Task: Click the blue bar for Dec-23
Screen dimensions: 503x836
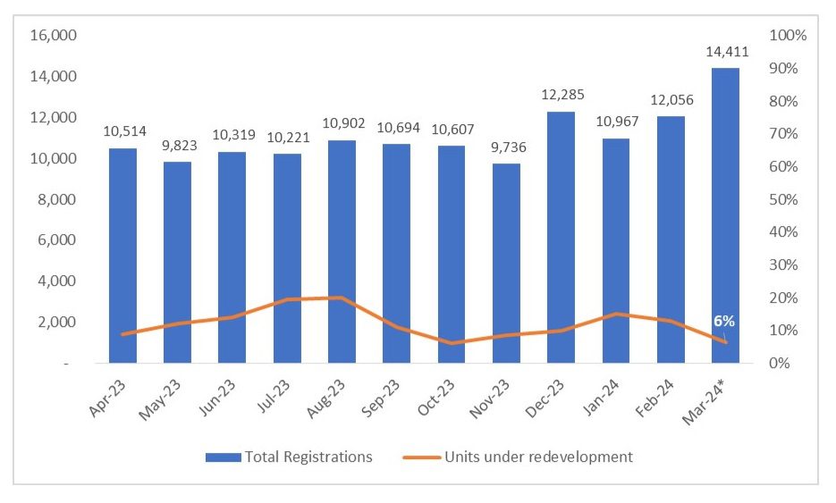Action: tap(561, 237)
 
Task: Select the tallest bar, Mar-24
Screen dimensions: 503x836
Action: tap(725, 215)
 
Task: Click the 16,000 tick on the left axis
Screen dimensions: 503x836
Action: tap(55, 36)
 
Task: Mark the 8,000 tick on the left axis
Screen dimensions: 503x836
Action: tap(58, 199)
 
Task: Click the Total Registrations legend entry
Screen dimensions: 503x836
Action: tap(289, 457)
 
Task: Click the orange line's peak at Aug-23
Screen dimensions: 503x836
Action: tap(342, 298)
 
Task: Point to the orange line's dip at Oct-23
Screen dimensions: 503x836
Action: tap(452, 343)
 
